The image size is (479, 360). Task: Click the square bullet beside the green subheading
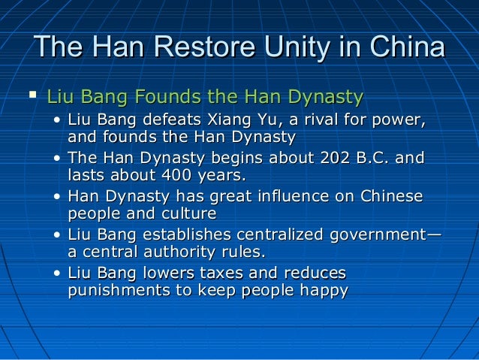(32, 95)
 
